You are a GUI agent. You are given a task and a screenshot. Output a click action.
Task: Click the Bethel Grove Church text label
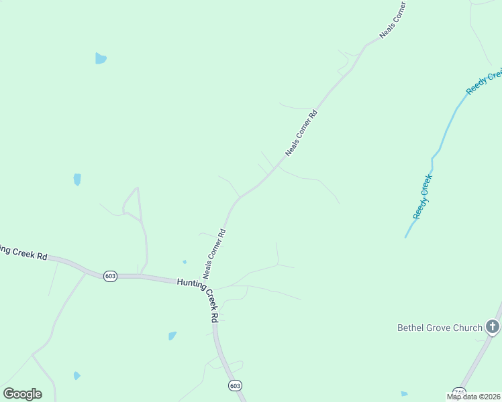440,328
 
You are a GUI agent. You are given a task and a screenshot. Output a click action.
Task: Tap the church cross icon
493,327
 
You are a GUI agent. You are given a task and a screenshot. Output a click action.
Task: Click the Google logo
22,394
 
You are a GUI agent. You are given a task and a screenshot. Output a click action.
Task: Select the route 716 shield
459,391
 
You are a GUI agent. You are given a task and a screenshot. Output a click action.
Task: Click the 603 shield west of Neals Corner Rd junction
111,276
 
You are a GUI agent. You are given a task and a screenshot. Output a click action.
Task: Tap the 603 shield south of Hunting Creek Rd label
235,386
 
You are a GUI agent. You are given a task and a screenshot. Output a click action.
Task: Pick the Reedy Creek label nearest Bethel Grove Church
423,196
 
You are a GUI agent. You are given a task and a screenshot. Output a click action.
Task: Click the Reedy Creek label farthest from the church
485,81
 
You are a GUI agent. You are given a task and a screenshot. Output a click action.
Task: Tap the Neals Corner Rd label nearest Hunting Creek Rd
214,254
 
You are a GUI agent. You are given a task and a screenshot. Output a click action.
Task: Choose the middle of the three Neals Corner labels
301,133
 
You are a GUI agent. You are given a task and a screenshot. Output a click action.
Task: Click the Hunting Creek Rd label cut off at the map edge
24,253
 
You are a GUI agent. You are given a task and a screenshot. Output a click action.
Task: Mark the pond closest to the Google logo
77,375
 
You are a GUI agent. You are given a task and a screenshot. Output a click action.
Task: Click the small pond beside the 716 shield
404,394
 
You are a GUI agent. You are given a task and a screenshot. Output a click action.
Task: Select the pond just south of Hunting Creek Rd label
172,336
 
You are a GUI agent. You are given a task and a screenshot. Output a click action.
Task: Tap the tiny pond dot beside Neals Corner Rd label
185,261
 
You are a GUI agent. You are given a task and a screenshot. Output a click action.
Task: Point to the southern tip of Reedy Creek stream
405,237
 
